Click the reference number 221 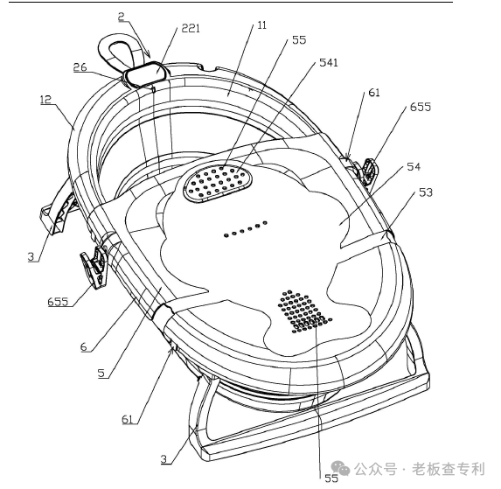191,29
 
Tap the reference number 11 261,25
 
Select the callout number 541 329,63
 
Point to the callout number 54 414,166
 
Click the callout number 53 426,192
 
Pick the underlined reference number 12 45,100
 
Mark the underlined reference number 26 80,67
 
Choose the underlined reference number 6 84,346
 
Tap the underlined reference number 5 101,373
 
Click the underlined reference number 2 122,17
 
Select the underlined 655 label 58,302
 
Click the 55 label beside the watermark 331,478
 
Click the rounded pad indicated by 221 146,73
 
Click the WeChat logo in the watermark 340,469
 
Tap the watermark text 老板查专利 448,469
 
